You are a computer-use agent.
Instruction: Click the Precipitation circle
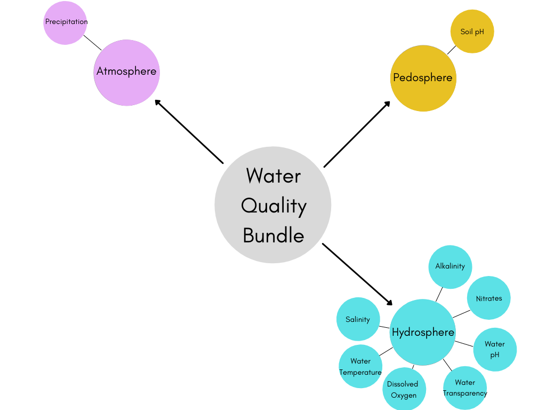(65, 23)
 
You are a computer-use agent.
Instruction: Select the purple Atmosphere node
(126, 72)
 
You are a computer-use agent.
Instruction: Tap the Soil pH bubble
(472, 31)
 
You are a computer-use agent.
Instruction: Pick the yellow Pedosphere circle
(423, 78)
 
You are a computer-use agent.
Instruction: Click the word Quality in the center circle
(274, 206)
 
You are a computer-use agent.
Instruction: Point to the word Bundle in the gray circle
(274, 235)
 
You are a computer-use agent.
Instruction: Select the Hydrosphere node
(423, 332)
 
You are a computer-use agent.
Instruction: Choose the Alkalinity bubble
(450, 266)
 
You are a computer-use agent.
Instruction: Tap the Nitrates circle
(488, 298)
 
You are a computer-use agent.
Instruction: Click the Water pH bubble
(495, 349)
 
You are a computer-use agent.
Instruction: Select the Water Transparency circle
(465, 388)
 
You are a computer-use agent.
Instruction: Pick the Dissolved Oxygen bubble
(404, 389)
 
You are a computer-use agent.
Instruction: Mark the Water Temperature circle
(360, 366)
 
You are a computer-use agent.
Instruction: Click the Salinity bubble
(358, 319)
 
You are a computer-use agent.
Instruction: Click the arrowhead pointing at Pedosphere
(388, 103)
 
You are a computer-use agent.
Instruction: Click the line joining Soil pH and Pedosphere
(452, 50)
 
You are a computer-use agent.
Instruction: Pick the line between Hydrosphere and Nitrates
(462, 313)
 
